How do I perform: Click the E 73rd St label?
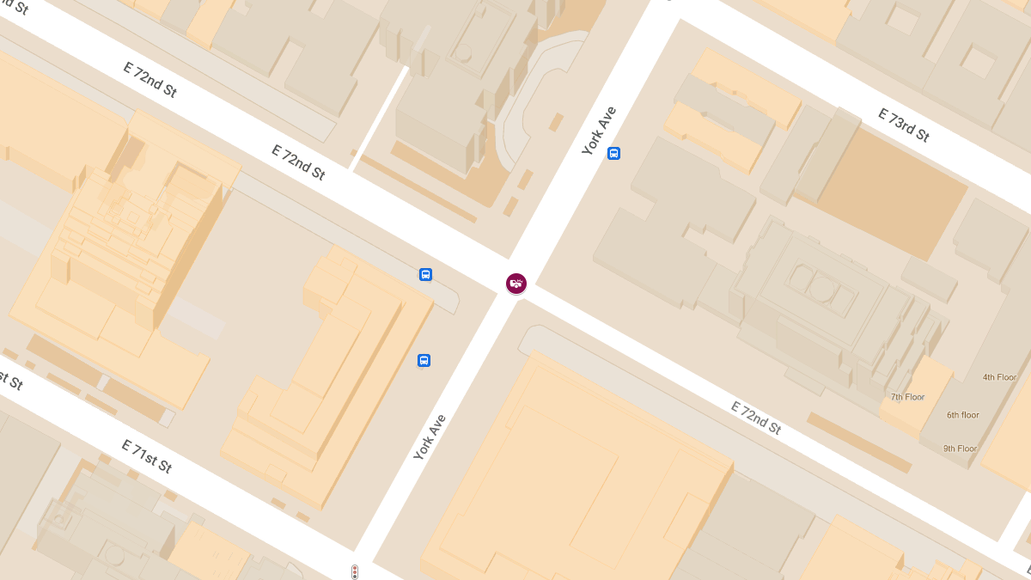903,125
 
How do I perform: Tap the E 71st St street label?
147,456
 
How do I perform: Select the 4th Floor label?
1000,377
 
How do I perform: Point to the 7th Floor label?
907,397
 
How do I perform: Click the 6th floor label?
963,415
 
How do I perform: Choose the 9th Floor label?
960,449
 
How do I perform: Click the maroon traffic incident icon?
515,284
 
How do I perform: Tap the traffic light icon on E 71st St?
354,571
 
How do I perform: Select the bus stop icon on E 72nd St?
425,275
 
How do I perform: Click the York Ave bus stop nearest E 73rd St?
613,154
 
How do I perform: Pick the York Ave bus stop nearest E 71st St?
424,361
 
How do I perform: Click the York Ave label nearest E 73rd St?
599,131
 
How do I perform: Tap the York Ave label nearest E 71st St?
430,437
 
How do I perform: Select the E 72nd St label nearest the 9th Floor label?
756,418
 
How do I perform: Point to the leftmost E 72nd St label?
150,80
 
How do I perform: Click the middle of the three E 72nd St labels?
298,162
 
